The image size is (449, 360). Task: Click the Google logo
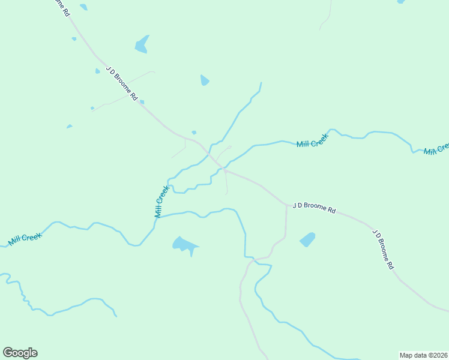click(x=20, y=353)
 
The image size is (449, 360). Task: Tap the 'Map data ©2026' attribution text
click(x=423, y=355)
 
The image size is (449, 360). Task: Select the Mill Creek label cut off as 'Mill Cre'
click(x=437, y=149)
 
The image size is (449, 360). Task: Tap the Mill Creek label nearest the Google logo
click(x=25, y=239)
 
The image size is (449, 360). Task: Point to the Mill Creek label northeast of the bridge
click(x=313, y=141)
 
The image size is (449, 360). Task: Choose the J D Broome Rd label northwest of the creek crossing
click(x=122, y=83)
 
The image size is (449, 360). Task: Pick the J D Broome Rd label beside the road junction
click(x=314, y=208)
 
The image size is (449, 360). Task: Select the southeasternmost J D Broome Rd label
click(x=382, y=248)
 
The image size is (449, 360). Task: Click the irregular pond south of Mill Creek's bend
click(x=184, y=245)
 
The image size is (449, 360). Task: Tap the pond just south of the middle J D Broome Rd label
click(x=307, y=239)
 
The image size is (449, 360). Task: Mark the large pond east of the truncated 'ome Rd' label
click(x=142, y=44)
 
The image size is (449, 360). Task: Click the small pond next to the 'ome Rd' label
click(x=83, y=7)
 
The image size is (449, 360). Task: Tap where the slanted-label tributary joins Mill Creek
click(x=157, y=217)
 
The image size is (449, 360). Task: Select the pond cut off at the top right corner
click(x=401, y=2)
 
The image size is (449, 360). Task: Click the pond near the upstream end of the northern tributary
click(x=205, y=80)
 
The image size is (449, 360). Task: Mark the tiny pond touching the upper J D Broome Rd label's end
click(x=142, y=102)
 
